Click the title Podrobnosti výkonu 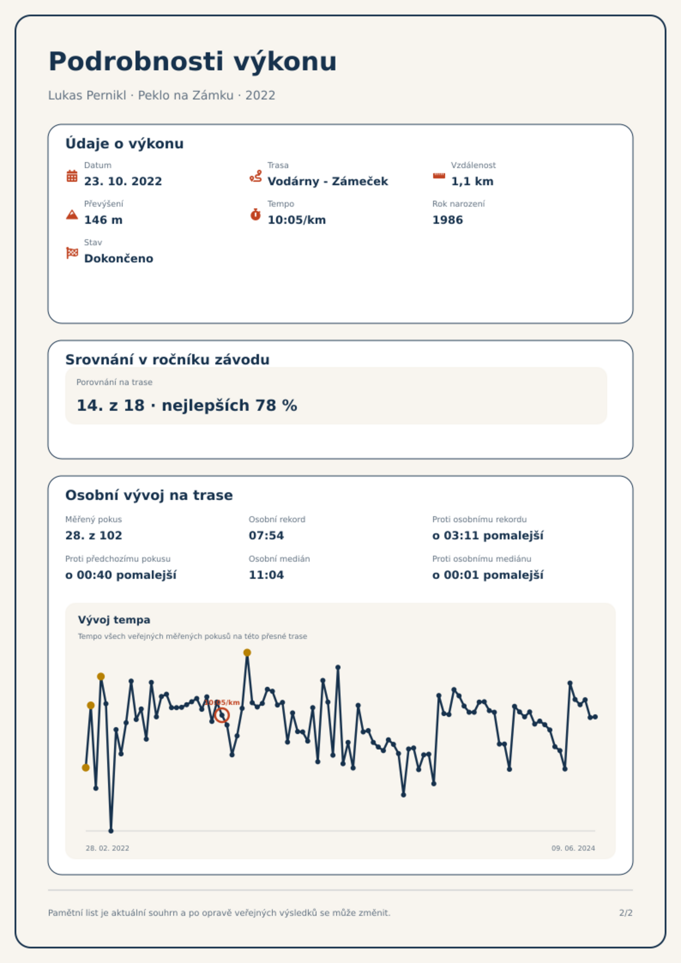(x=193, y=62)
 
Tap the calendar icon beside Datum (x=72, y=176)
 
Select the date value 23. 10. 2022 (x=123, y=181)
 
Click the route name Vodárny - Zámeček (x=328, y=181)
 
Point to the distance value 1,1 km (x=472, y=181)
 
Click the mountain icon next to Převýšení (x=72, y=214)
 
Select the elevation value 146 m (x=103, y=220)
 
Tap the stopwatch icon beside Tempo (x=256, y=214)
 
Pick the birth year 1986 (x=448, y=220)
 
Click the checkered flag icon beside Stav (x=72, y=253)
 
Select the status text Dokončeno (x=119, y=259)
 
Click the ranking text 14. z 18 (x=111, y=405)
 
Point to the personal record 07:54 (x=266, y=536)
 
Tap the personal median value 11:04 (x=266, y=575)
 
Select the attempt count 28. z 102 (x=93, y=536)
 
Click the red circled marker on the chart (x=222, y=716)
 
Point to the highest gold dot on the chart (x=247, y=653)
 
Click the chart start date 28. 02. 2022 (x=107, y=848)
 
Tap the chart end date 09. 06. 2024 (x=573, y=848)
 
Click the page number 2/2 (x=626, y=913)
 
